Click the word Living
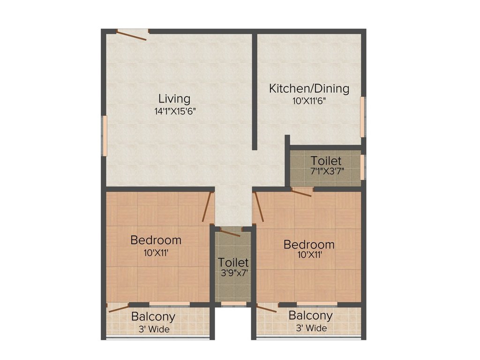click(174, 99)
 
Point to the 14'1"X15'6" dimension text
click(174, 111)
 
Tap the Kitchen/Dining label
click(309, 88)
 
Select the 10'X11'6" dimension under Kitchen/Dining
click(309, 100)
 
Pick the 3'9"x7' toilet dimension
click(233, 273)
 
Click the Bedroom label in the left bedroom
click(156, 240)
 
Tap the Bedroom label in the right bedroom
click(309, 244)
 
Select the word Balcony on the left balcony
click(153, 316)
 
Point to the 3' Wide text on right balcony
click(311, 328)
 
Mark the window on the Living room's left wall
click(105, 136)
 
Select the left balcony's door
click(118, 307)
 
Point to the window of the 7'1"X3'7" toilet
click(363, 167)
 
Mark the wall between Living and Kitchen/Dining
click(255, 91)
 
